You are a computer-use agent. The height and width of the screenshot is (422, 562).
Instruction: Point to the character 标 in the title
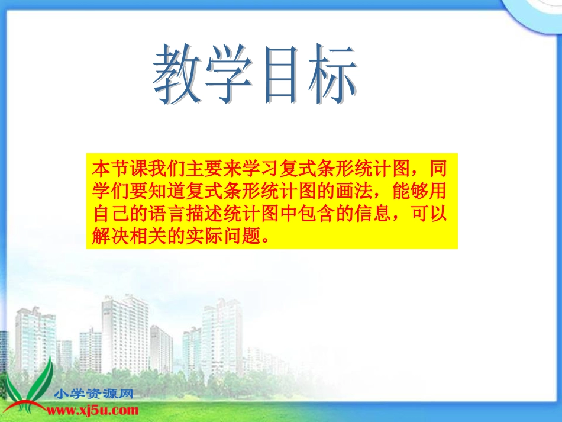coord(329,75)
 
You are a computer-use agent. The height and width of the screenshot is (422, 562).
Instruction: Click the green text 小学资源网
coord(93,394)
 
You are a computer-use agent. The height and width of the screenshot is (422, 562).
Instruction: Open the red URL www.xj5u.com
coord(93,410)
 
